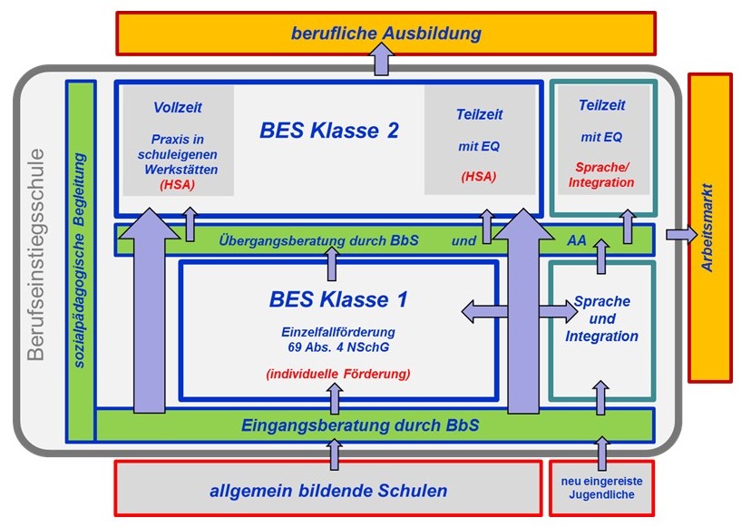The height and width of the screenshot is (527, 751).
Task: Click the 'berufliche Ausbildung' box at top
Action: tap(385, 34)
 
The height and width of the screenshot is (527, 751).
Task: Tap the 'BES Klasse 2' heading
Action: tap(329, 130)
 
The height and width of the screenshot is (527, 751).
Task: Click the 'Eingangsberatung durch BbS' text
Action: tap(359, 424)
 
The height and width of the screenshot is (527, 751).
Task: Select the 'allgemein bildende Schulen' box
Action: tap(327, 491)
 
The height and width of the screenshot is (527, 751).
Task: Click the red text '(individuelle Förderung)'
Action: tap(338, 374)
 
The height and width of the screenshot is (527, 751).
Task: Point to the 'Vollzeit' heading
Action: tap(178, 107)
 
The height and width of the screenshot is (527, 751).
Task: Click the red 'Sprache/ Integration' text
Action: tap(600, 175)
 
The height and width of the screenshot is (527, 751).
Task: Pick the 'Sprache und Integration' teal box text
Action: tap(601, 318)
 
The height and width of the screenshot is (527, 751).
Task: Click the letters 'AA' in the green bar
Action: tap(577, 241)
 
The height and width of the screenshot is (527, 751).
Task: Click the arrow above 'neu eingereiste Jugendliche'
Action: tap(600, 452)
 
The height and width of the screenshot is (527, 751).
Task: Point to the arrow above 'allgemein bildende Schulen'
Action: tap(335, 452)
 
